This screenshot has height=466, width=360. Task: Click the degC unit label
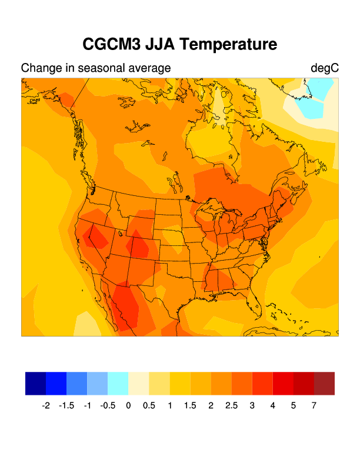click(x=325, y=68)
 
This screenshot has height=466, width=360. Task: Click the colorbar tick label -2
click(x=46, y=405)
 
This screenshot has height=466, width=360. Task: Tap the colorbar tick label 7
click(x=314, y=405)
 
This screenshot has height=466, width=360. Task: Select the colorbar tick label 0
click(x=128, y=405)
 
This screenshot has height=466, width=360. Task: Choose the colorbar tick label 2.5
click(x=231, y=405)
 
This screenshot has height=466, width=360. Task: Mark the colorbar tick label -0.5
click(x=108, y=405)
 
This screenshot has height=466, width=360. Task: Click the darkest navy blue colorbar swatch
click(x=35, y=383)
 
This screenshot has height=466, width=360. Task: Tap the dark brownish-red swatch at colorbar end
click(x=324, y=383)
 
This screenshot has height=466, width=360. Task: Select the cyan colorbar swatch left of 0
click(x=118, y=383)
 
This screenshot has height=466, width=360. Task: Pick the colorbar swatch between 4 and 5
click(x=283, y=383)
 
